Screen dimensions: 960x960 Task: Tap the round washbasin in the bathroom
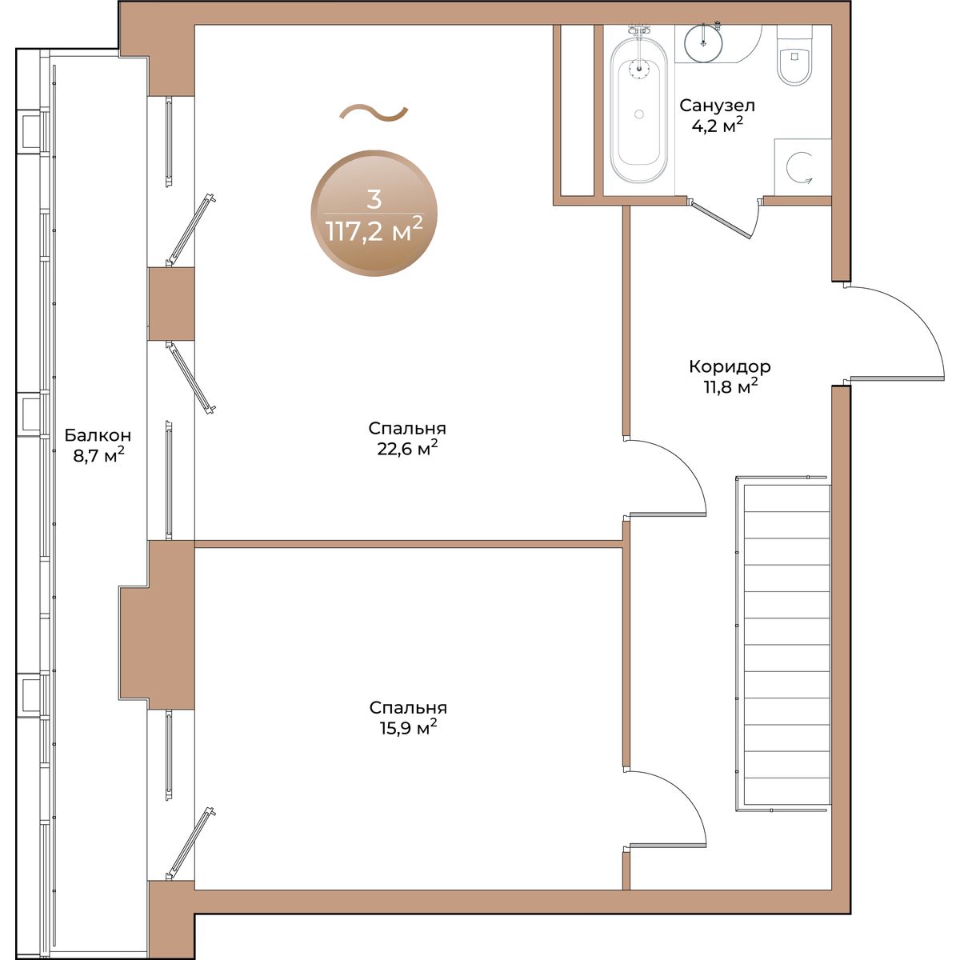pos(703,42)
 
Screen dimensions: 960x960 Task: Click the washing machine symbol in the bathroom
pos(802,167)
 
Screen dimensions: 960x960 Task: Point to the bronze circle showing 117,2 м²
pos(374,214)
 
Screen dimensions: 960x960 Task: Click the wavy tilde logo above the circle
pos(374,113)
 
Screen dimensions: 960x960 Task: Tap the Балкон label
pos(98,435)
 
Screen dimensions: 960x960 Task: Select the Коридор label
pos(730,366)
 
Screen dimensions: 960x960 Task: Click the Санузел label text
pos(717,105)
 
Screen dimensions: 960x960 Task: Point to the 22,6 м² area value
pos(407,448)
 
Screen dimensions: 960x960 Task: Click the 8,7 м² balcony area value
pos(98,455)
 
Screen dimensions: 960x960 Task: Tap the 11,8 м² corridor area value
pos(730,386)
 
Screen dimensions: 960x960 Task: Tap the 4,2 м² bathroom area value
pos(718,125)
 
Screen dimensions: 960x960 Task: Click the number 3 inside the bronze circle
pos(374,199)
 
